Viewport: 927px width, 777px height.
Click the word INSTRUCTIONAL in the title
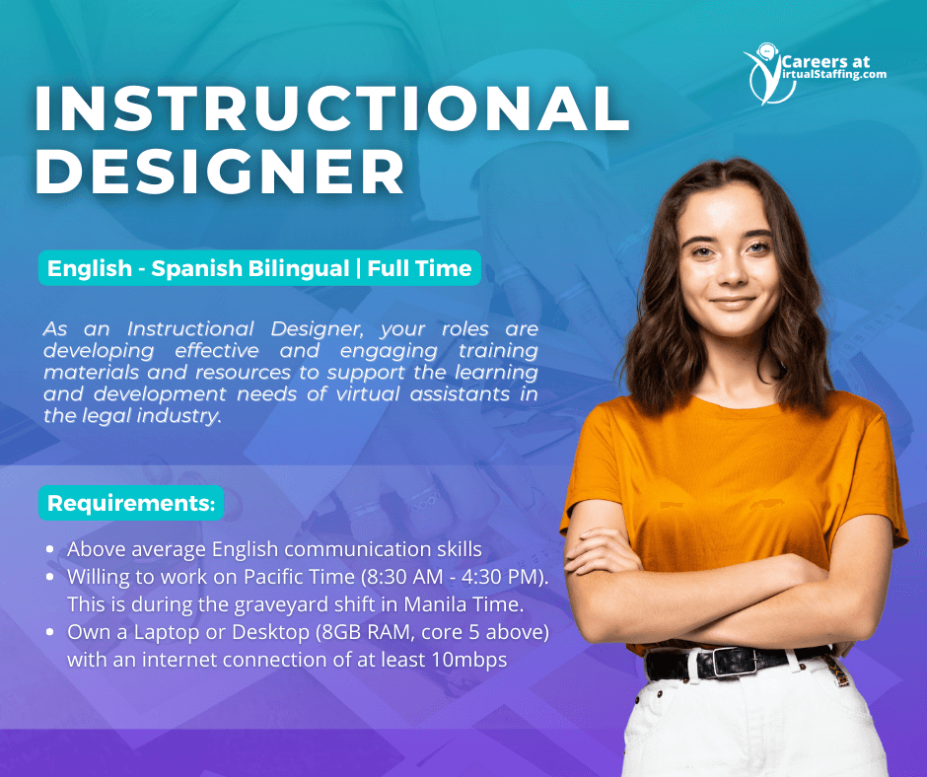click(331, 108)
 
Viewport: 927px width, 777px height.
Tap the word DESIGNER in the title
click(220, 171)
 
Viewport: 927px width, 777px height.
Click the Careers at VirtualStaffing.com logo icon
click(768, 74)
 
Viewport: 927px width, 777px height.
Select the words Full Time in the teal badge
click(419, 268)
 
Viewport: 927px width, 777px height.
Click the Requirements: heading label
click(131, 503)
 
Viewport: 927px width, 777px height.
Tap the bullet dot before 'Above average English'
click(50, 549)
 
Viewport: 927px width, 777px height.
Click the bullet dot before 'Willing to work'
click(50, 577)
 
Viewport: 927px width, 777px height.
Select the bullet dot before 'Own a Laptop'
click(50, 632)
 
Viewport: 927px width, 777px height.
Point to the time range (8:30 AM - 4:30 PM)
click(454, 577)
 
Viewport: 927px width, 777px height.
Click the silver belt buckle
click(734, 663)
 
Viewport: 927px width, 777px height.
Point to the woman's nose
click(733, 271)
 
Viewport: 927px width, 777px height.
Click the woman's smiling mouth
click(733, 303)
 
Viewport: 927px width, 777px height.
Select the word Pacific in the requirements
click(274, 577)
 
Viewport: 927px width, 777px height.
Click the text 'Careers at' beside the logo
click(825, 61)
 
